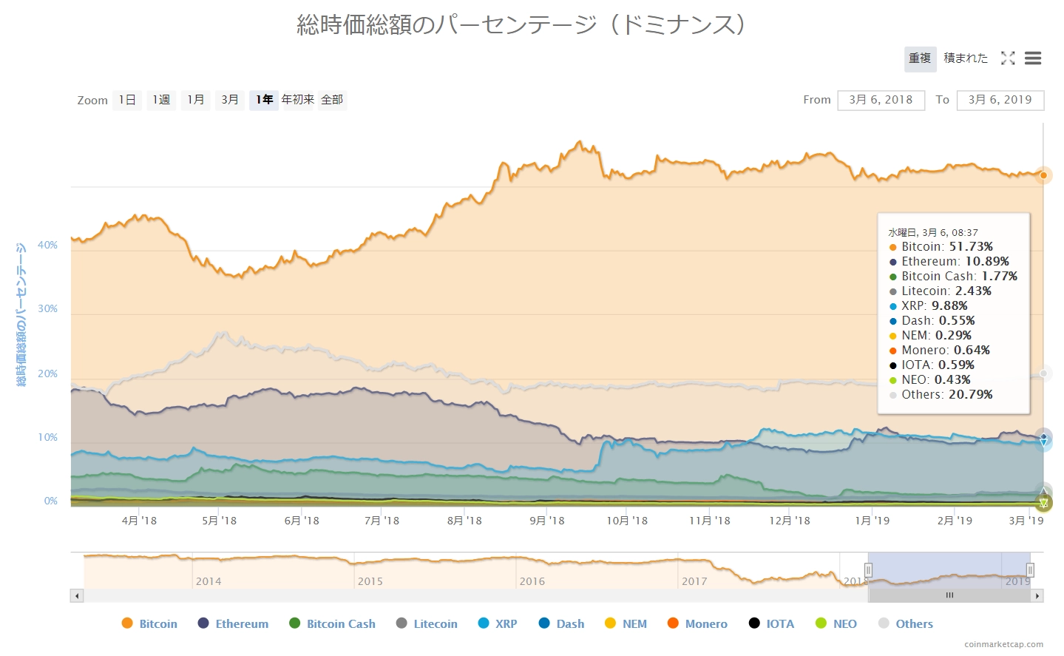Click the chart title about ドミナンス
coord(521,25)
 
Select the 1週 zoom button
coord(161,100)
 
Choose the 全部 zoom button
coord(332,100)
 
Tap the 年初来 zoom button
coord(297,100)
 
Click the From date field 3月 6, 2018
coord(881,100)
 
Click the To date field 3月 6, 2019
coord(1000,100)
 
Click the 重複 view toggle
coord(920,58)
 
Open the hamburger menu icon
coord(1033,58)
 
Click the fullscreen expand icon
coord(1008,58)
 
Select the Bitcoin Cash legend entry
coord(332,623)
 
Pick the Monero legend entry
coord(697,623)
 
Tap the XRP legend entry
coord(498,623)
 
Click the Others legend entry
coord(906,623)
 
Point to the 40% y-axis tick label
coord(48,245)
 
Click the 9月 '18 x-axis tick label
coord(547,521)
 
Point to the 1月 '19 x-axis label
coord(872,521)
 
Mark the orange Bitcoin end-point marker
coord(1043,175)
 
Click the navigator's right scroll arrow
coord(1037,595)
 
